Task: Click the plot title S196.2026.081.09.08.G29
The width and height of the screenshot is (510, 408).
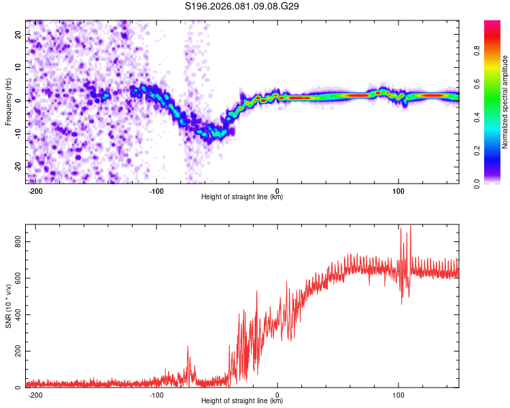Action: (x=243, y=6)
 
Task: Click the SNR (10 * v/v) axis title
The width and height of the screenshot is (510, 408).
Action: (x=9, y=305)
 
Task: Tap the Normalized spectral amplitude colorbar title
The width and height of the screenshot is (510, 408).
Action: (x=505, y=102)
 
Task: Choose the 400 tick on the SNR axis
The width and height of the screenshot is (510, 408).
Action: (x=16, y=314)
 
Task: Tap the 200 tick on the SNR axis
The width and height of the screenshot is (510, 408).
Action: (x=16, y=351)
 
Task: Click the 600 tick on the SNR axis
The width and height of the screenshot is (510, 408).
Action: (x=16, y=277)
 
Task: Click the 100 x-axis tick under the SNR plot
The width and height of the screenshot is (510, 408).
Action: (x=398, y=394)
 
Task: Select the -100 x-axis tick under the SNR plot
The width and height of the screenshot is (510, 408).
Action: (x=156, y=394)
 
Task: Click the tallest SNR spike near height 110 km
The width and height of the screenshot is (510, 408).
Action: (x=410, y=226)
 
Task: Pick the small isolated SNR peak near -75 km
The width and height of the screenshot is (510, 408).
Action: (x=188, y=347)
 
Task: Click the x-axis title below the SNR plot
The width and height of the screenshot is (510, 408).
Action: (x=242, y=401)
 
